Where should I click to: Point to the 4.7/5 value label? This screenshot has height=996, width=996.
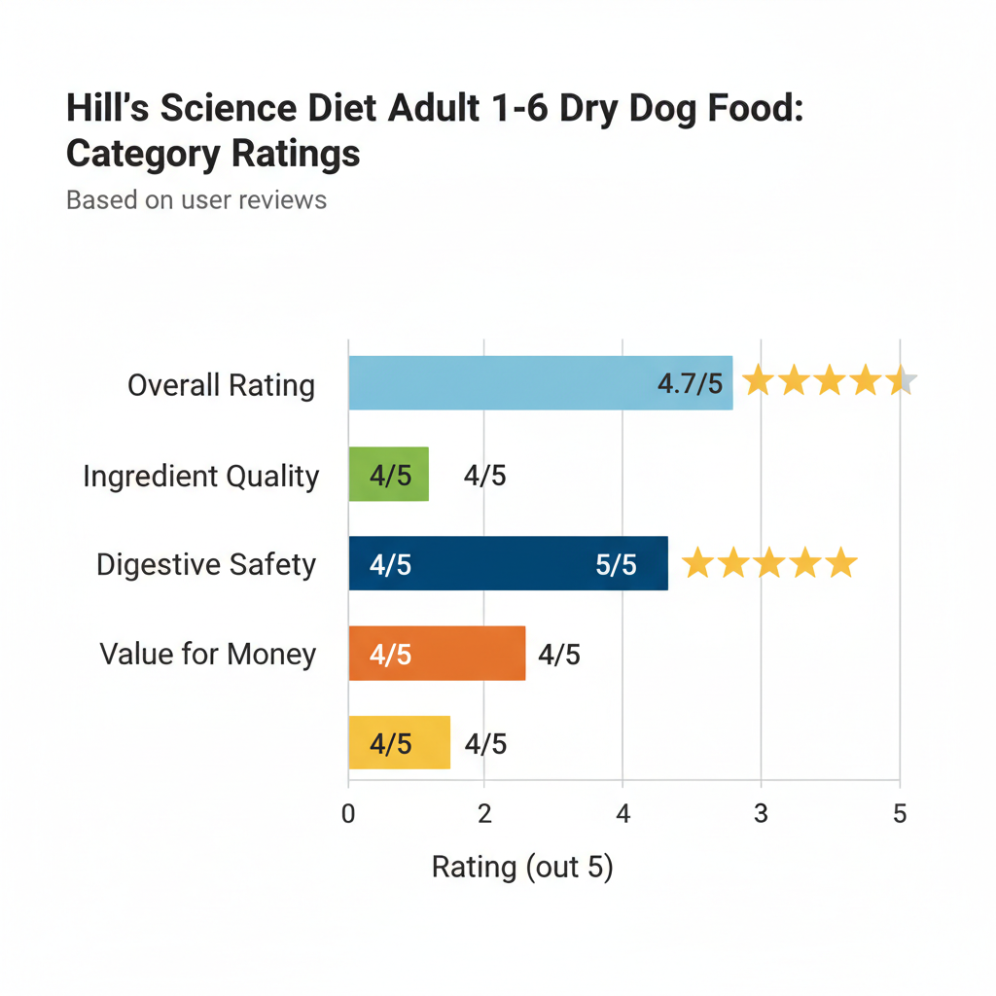690,383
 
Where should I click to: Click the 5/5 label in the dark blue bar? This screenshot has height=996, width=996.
616,565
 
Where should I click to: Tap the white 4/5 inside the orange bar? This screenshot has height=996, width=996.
390,655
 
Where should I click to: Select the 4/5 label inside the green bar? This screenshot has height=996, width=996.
390,476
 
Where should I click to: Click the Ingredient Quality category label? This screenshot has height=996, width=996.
201,477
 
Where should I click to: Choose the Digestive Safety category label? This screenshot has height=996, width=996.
206,565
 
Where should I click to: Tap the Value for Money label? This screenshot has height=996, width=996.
208,655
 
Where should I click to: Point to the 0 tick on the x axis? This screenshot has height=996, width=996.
348,813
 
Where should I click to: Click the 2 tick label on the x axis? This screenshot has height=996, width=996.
485,813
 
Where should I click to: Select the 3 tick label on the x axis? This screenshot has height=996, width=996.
761,813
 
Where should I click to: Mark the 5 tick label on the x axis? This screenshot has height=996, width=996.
900,813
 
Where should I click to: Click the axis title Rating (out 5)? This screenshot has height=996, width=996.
522,867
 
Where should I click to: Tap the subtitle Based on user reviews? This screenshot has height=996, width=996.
196,200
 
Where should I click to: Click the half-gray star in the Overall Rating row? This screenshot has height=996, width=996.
902,382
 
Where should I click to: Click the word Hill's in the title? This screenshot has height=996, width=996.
108,109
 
